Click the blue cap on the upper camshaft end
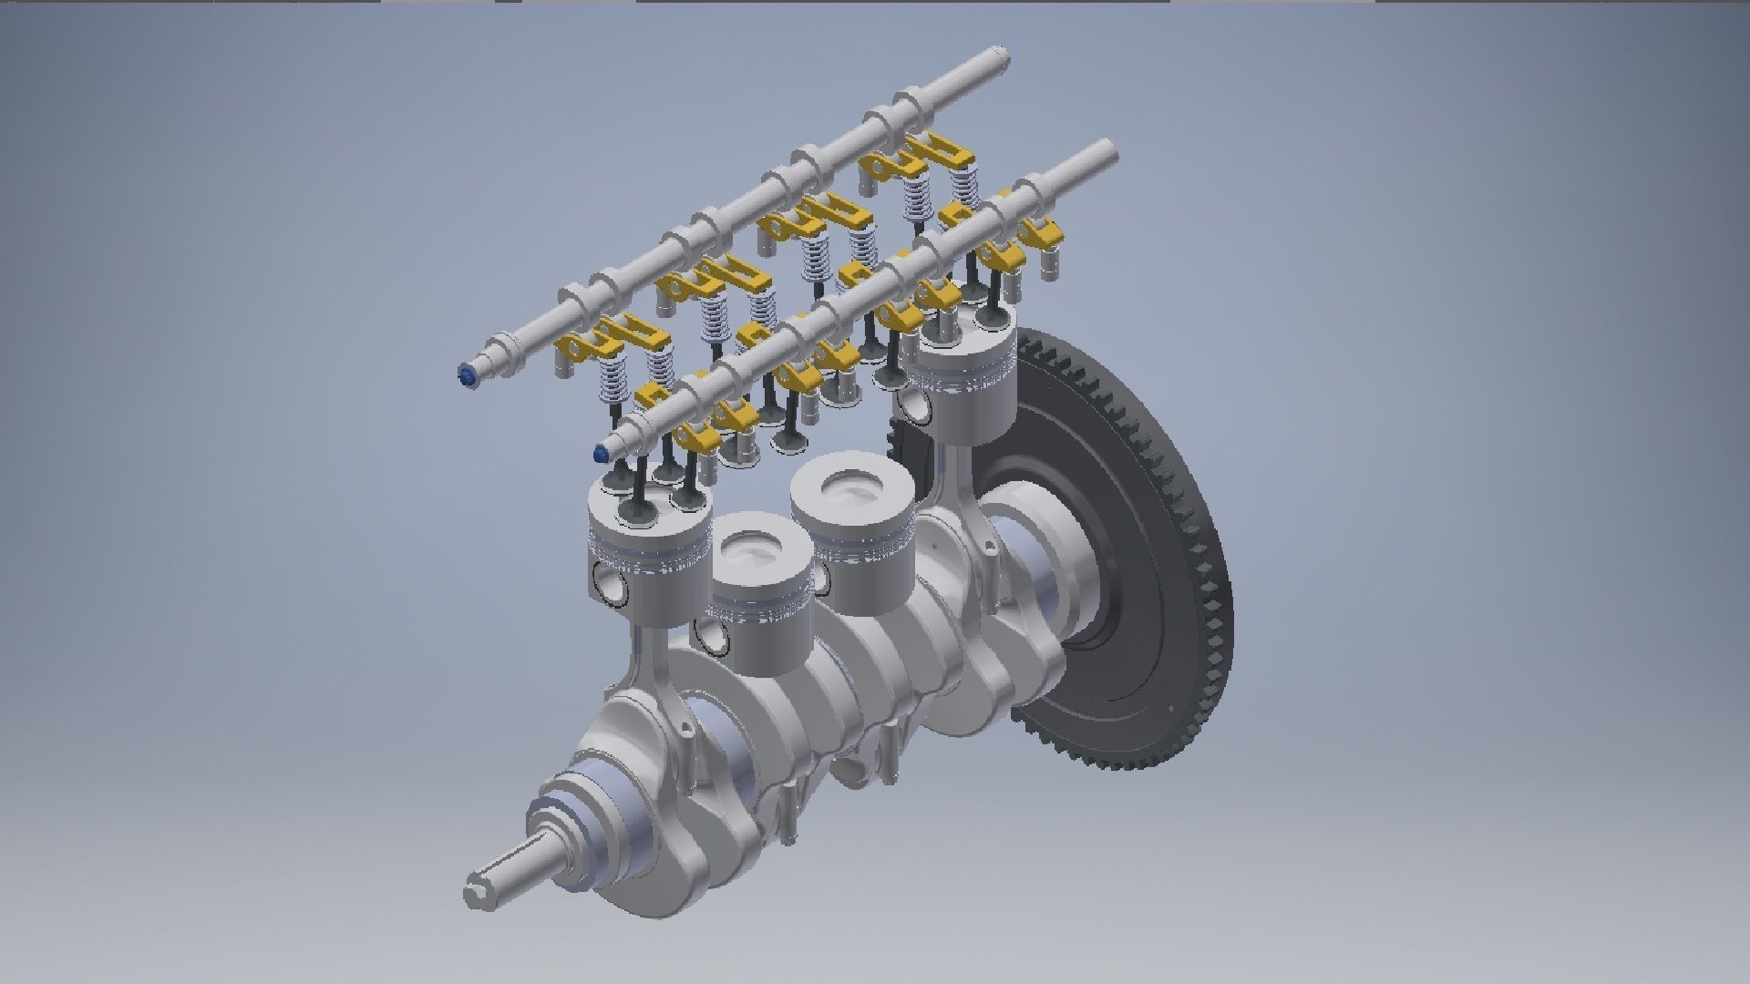467,375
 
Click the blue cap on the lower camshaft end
601,452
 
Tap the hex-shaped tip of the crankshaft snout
477,890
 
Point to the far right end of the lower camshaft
1107,150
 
